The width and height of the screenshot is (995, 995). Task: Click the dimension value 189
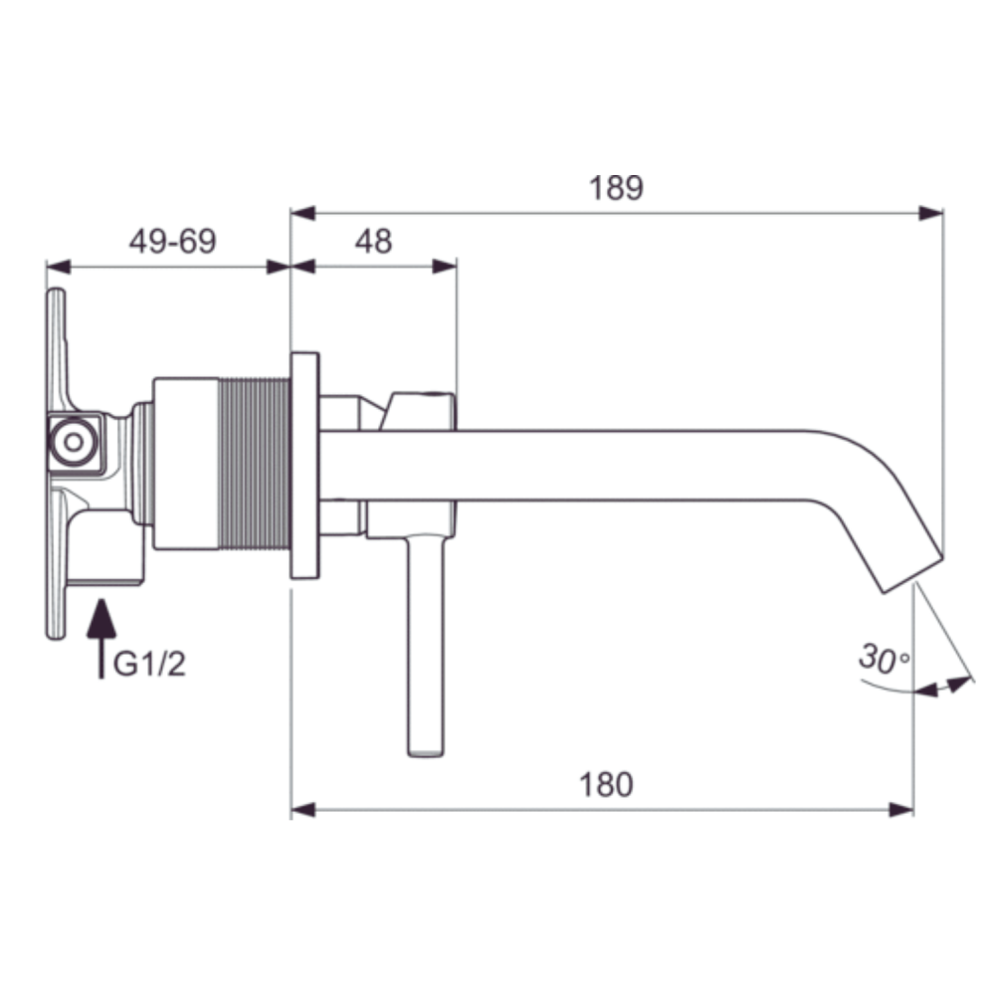(x=616, y=188)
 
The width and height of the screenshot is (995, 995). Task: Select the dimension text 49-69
(x=172, y=241)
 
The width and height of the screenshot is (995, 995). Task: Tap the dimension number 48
(x=373, y=241)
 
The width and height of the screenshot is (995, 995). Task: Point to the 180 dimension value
(x=606, y=784)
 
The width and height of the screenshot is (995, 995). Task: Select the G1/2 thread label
(x=149, y=665)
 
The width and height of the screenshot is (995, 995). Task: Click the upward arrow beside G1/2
(x=101, y=639)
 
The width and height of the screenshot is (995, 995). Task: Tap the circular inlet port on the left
(x=74, y=443)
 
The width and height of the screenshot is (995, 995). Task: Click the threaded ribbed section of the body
(x=254, y=464)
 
